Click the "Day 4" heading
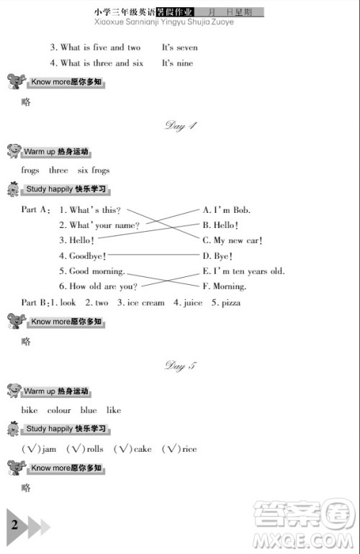tap(181, 126)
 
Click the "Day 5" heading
tap(181, 366)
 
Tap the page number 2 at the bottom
tap(14, 525)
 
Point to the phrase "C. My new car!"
tap(232, 240)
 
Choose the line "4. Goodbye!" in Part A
tap(83, 255)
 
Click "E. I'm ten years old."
tap(243, 271)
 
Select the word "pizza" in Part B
tap(230, 303)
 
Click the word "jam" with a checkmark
tap(49, 449)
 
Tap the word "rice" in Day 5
tap(189, 449)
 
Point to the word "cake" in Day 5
tap(143, 449)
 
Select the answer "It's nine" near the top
tap(177, 63)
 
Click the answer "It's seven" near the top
tap(179, 47)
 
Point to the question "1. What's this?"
tap(90, 210)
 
